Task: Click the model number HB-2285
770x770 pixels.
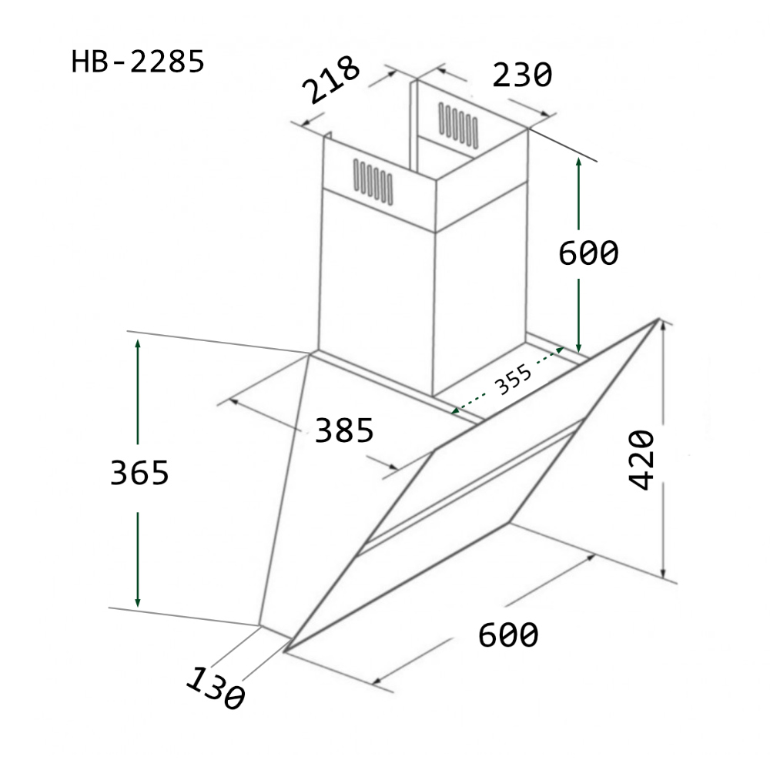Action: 138,62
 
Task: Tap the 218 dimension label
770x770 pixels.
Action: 330,79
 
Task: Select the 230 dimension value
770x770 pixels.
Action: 522,75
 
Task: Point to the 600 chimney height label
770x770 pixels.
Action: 588,253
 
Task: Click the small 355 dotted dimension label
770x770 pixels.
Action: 514,380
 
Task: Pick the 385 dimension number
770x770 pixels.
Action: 343,430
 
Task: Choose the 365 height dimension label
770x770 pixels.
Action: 139,473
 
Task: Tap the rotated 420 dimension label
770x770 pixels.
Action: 642,460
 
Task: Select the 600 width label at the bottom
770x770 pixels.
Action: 508,635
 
